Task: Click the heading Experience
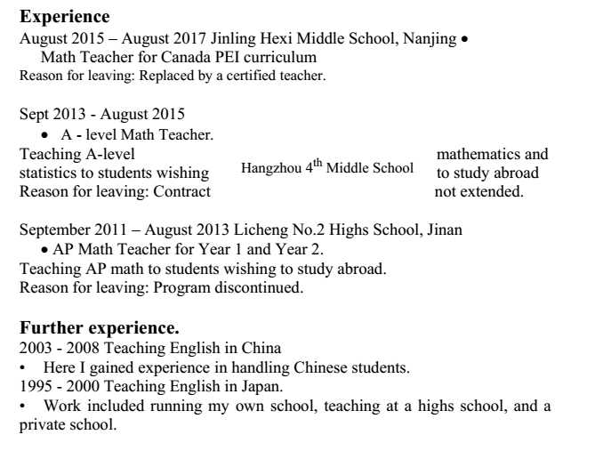click(65, 17)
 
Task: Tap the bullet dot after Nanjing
click(464, 40)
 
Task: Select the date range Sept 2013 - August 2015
click(101, 114)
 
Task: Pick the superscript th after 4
click(316, 164)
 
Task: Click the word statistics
click(51, 173)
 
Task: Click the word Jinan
click(443, 229)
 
